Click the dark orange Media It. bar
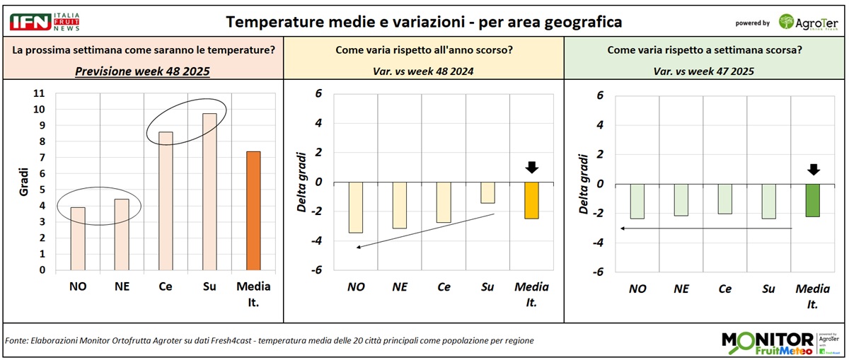[x=253, y=211]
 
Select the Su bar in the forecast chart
[x=209, y=192]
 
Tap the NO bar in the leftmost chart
[x=78, y=238]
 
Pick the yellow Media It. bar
[x=531, y=200]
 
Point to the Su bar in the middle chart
[x=487, y=192]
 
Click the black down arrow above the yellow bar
[x=532, y=168]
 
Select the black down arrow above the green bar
[x=813, y=170]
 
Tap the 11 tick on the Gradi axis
[x=39, y=93]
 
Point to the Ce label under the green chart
[x=724, y=289]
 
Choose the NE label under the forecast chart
[x=121, y=286]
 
